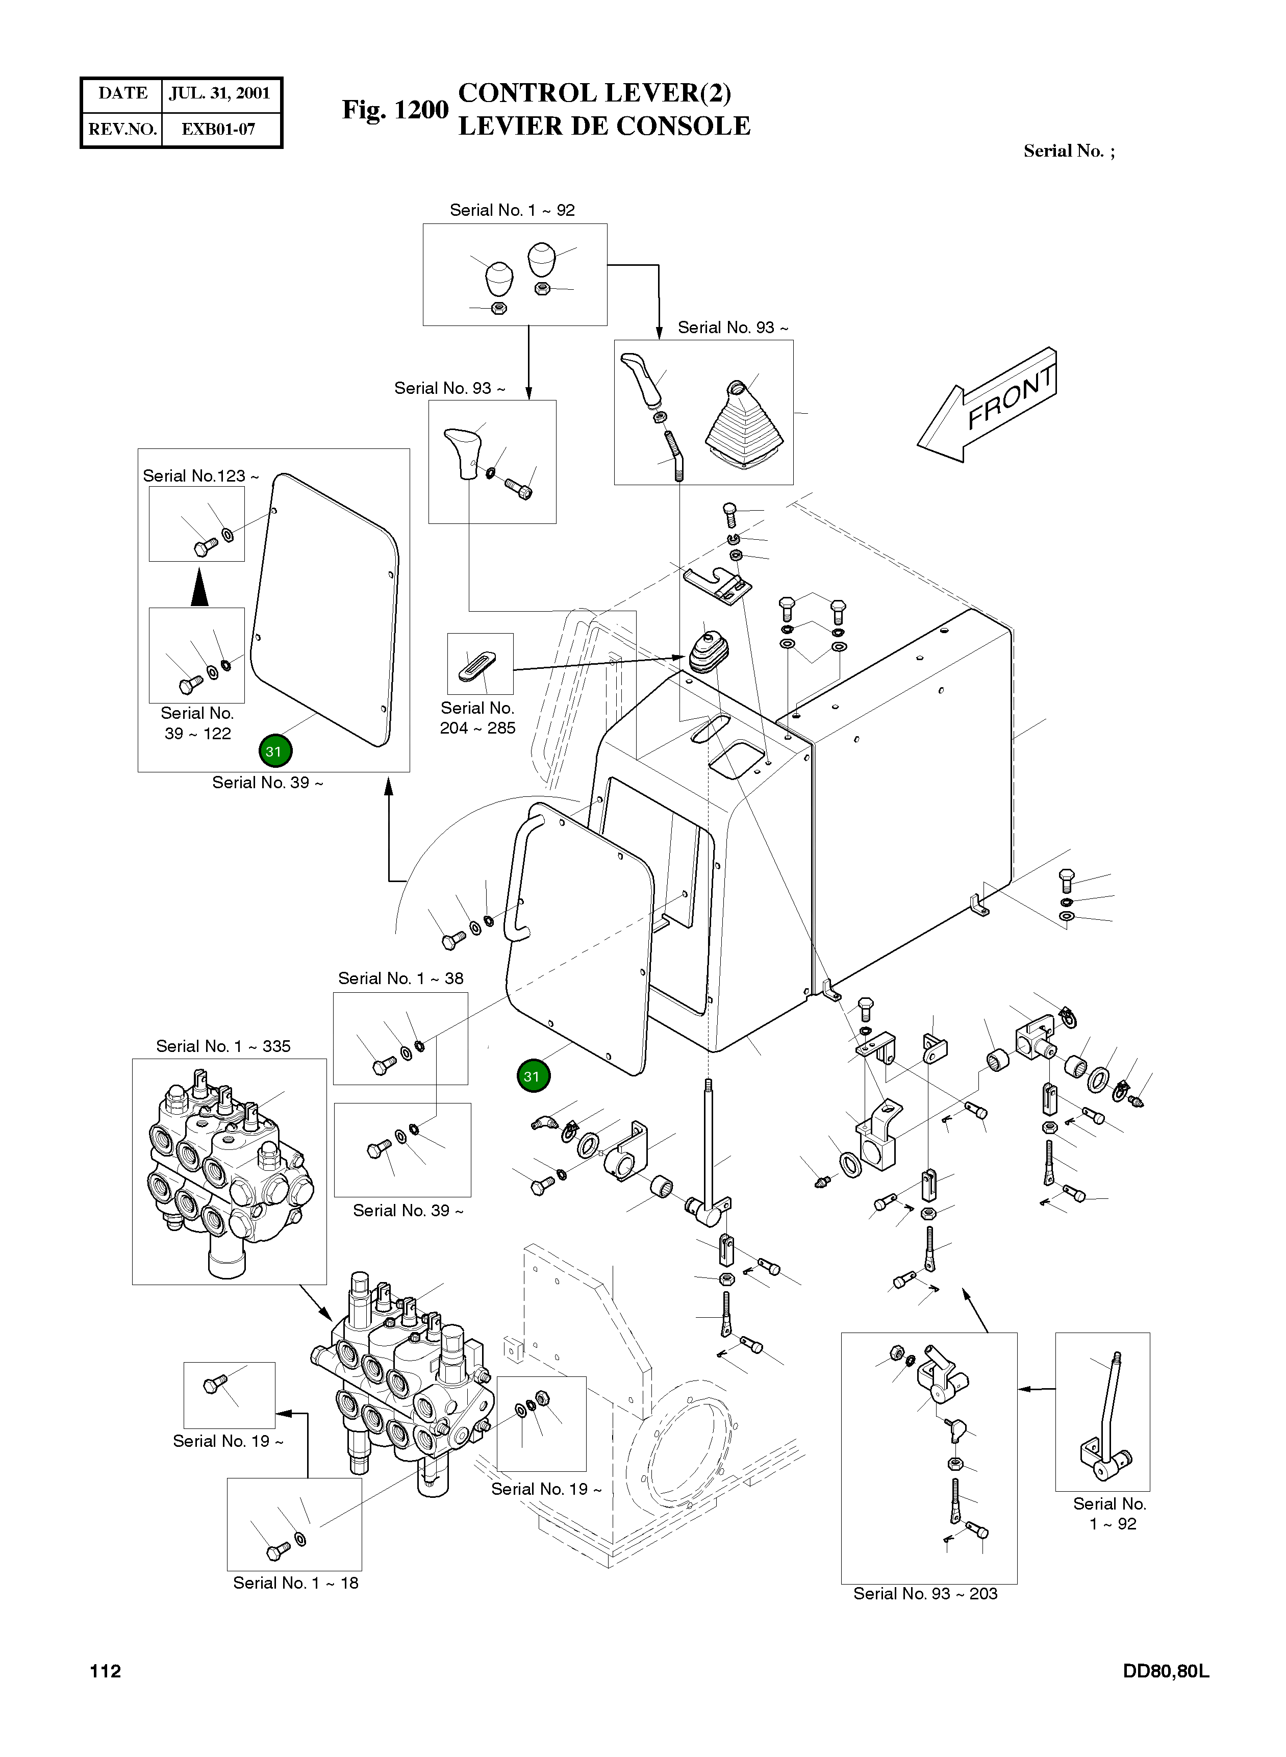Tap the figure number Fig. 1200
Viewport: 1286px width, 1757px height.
395,110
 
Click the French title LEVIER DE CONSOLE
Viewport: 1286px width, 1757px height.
604,126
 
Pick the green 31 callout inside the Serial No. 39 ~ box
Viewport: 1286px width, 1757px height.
273,751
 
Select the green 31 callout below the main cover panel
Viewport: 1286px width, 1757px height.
533,1076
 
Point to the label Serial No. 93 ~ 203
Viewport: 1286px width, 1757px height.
925,1594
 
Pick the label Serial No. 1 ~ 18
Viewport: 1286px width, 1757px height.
296,1583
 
